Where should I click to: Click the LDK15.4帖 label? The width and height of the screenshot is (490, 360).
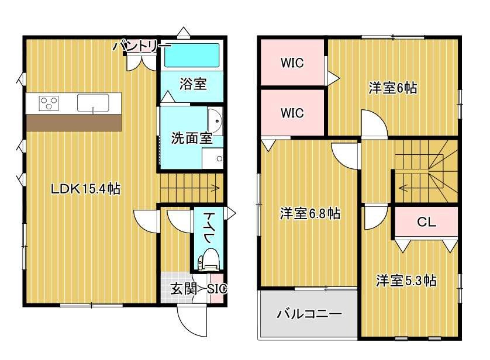point(85,189)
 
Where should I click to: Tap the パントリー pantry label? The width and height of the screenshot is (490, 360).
point(142,46)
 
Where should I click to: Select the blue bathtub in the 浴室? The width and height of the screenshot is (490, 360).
point(192,56)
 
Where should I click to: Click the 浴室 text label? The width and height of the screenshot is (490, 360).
point(193,84)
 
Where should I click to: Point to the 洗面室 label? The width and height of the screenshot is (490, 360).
point(192,138)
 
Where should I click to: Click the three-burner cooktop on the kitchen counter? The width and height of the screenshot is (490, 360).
point(49,103)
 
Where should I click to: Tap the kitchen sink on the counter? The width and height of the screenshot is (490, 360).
point(93,103)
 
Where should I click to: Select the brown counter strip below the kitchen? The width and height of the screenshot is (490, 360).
point(74,122)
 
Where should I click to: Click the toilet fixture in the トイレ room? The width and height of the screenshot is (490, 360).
point(208,259)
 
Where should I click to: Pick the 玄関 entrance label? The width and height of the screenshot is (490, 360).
point(184,289)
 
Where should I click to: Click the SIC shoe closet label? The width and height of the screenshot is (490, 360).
point(217,289)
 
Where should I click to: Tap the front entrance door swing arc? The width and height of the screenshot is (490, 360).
point(187,325)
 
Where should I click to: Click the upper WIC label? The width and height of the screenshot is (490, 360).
point(292,63)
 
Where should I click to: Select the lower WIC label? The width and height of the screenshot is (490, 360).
point(292,113)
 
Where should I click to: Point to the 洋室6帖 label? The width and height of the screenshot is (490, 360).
point(393,88)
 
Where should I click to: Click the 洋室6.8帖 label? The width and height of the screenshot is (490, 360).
point(310,214)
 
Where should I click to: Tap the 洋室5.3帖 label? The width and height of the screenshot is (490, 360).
point(406,281)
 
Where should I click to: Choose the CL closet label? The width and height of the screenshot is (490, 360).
point(426,222)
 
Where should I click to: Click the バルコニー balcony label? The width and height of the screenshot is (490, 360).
point(309,313)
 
